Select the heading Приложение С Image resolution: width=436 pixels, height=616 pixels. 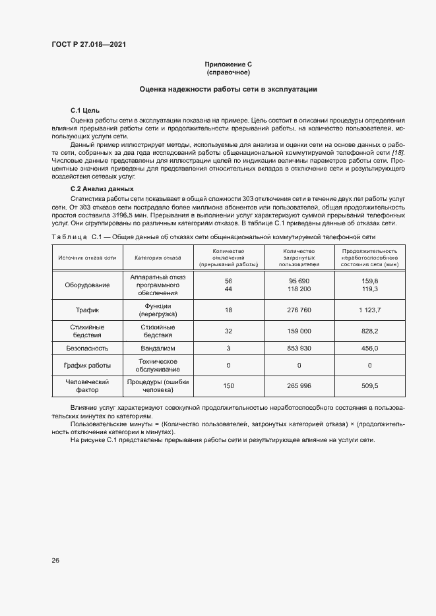coord(228,64)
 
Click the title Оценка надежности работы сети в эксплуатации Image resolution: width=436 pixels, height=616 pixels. coord(228,89)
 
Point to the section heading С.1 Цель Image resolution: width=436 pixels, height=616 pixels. coord(85,111)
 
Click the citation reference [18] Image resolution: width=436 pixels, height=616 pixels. coord(398,152)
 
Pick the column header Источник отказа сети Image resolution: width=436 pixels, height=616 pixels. coord(87,258)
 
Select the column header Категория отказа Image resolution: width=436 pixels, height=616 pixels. coord(158,258)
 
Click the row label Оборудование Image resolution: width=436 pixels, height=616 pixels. coord(87,285)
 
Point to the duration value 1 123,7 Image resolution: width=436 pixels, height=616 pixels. coord(370,310)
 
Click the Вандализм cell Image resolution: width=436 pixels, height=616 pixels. coord(158,347)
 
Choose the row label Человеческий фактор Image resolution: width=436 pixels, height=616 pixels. coord(87,385)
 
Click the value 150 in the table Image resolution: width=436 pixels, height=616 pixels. coord(229,385)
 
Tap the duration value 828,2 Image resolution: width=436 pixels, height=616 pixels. coord(370,330)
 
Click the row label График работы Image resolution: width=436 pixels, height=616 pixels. coord(87,365)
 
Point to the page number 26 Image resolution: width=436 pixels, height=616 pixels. coord(55,560)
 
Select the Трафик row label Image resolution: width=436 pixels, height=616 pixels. coord(87,310)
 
